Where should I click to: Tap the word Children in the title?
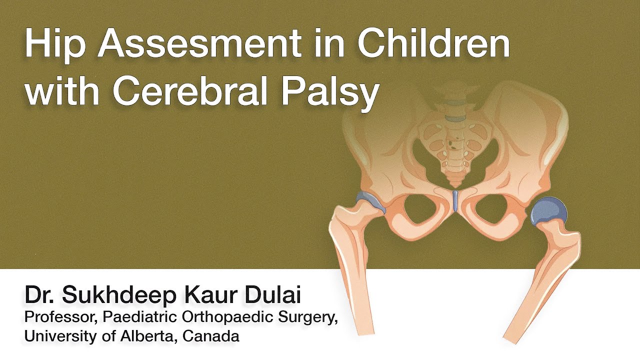pos(433,44)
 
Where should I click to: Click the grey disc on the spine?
pos(455,118)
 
